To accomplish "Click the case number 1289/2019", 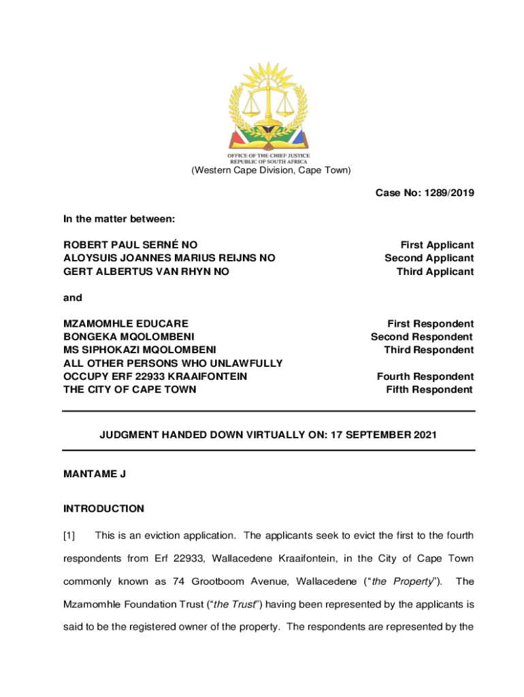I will [449, 193].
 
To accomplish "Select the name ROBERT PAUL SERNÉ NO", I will [131, 245].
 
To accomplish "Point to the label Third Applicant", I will [436, 272].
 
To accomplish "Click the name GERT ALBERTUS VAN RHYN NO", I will [146, 272].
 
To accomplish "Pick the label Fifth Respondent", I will [429, 389].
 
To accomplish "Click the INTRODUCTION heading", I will [103, 508].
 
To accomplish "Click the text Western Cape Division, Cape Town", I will [269, 170].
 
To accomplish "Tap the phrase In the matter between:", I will [119, 219].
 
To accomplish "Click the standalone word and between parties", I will [73, 297].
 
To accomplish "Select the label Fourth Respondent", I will [425, 376].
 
